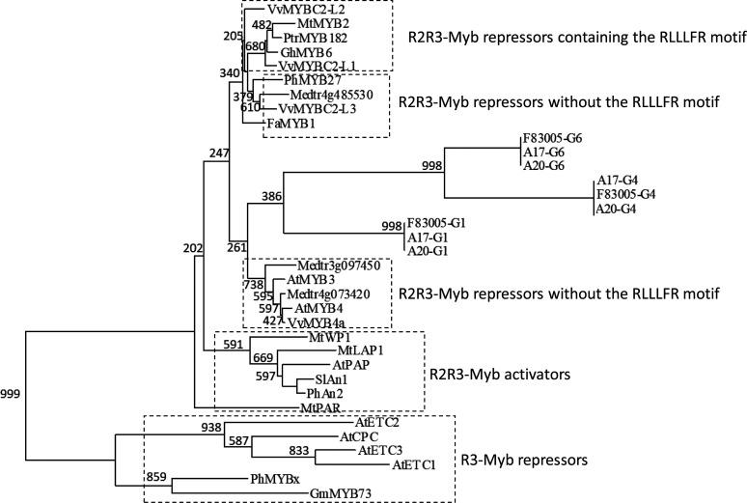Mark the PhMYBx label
tap(277, 480)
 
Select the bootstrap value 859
tap(158, 477)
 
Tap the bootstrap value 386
tap(270, 197)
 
